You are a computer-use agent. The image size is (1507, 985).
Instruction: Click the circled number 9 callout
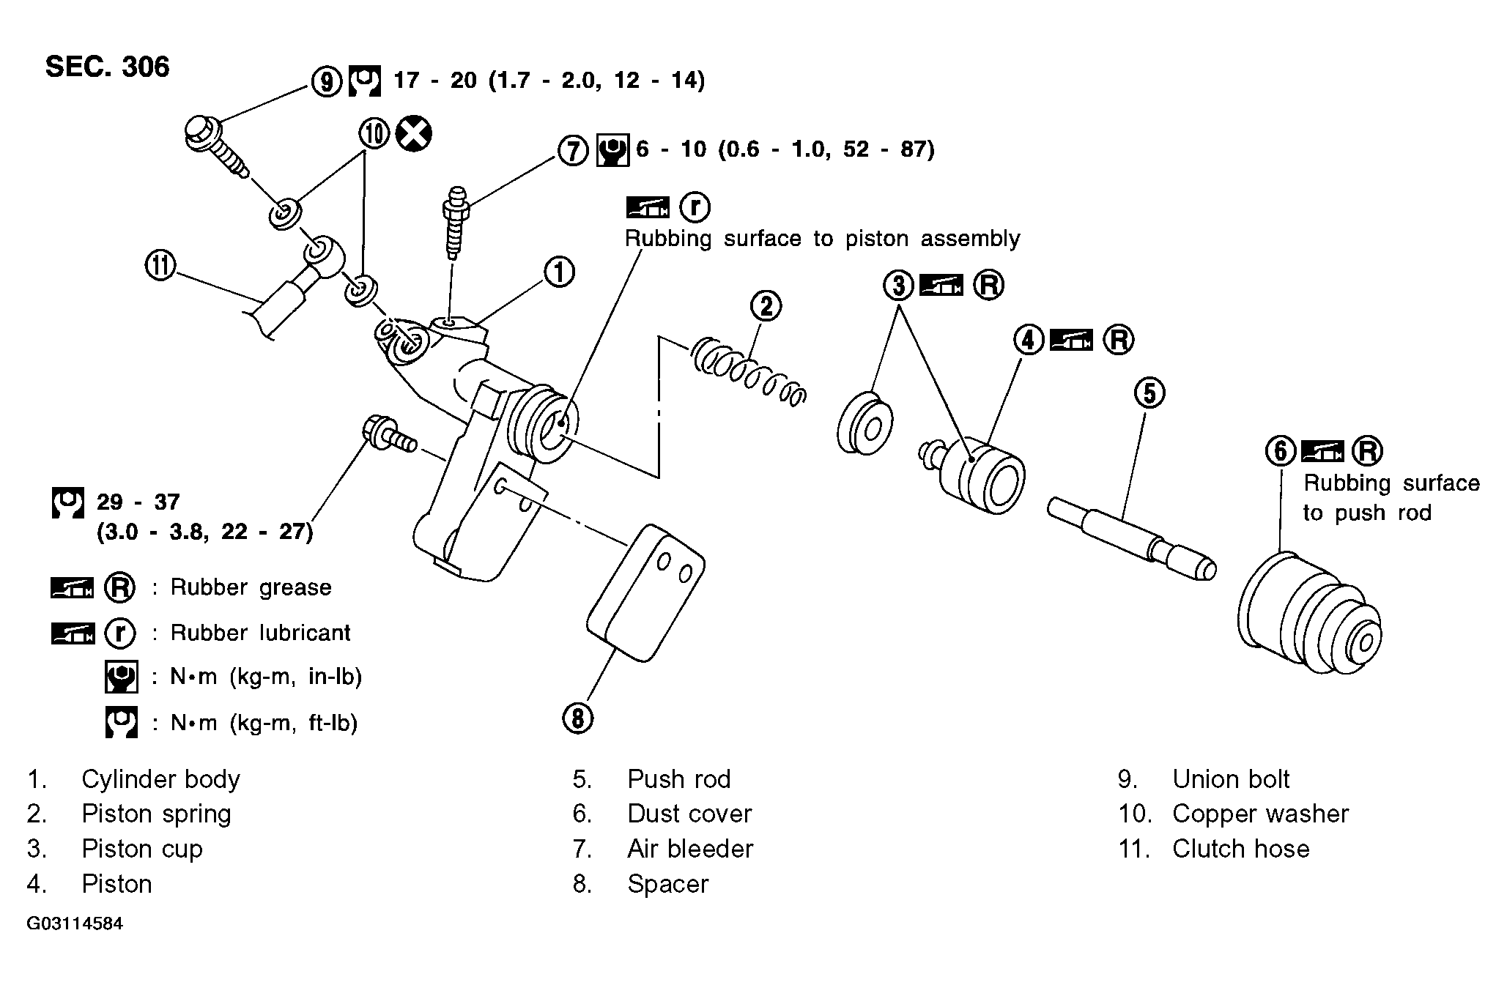(x=326, y=81)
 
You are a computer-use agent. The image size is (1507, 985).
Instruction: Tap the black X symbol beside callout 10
(x=413, y=134)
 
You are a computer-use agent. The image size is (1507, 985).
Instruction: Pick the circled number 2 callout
(x=766, y=305)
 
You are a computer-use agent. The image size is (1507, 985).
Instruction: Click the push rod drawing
(x=1132, y=539)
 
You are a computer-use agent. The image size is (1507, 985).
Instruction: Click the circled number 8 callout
(x=578, y=718)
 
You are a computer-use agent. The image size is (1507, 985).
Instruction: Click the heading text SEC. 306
(x=107, y=67)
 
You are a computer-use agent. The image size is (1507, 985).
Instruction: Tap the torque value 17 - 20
(x=435, y=80)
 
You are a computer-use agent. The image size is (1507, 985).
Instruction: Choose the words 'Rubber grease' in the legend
(x=251, y=587)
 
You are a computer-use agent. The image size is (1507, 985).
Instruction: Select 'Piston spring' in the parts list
(x=156, y=814)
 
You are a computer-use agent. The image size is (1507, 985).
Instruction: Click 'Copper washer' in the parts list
(x=1260, y=814)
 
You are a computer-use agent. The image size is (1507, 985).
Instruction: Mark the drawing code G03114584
(x=75, y=923)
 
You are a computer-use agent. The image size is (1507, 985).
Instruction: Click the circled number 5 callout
(x=1149, y=393)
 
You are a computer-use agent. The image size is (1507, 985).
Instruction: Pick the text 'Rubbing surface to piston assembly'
(x=822, y=239)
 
